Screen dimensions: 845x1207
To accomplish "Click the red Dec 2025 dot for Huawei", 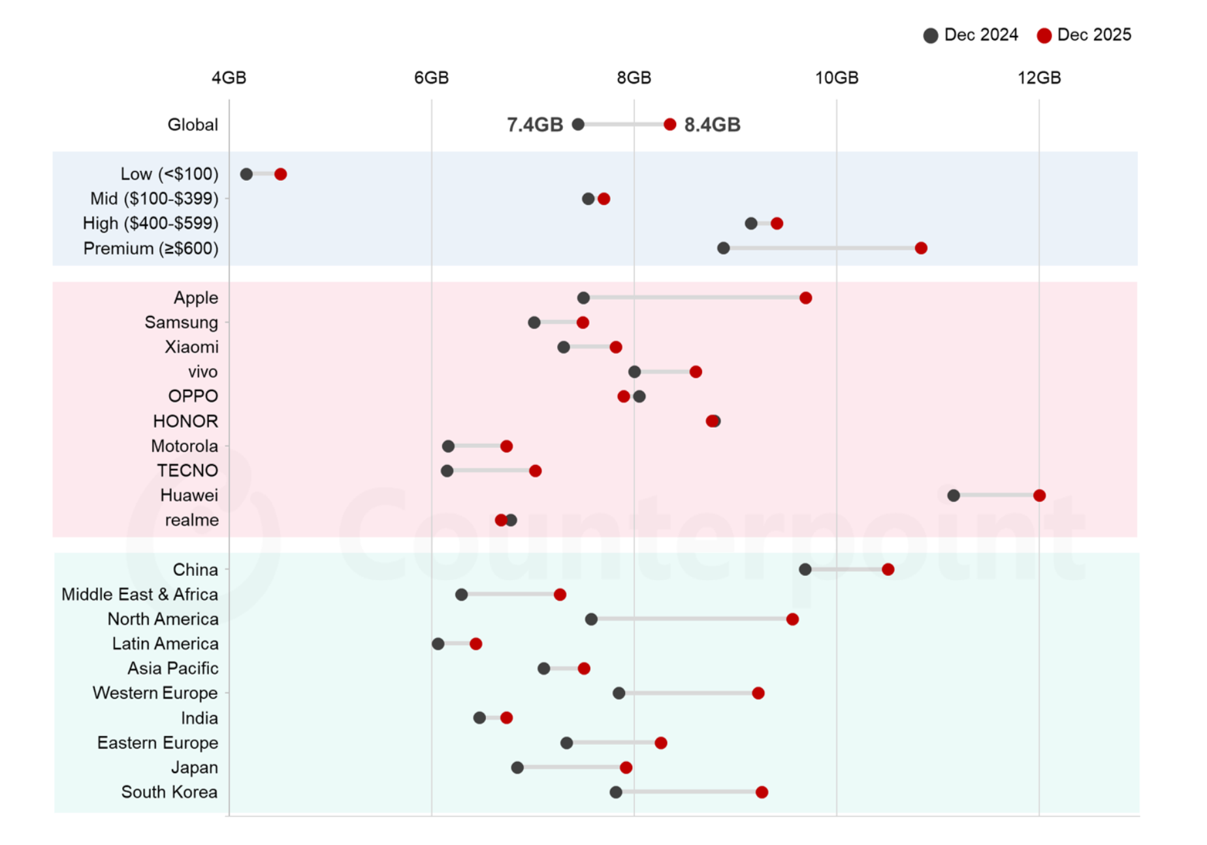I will click(x=1039, y=496).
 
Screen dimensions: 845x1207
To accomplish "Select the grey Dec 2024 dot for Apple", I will click(x=583, y=298).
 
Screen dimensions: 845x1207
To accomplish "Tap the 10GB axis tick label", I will click(x=836, y=78).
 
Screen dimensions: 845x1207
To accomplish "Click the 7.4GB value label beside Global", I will click(x=534, y=125).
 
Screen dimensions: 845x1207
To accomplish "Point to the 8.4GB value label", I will click(x=712, y=125).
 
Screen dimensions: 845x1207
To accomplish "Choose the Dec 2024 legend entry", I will click(x=971, y=35).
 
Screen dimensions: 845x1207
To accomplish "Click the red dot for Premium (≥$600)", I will click(x=921, y=248).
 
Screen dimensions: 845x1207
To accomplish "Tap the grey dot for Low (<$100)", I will click(x=246, y=174).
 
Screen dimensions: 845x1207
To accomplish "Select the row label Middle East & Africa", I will click(x=140, y=595).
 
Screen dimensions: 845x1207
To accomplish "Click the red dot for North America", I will click(x=792, y=619).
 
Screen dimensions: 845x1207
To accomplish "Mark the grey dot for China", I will click(x=805, y=569).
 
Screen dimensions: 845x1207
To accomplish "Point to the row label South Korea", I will click(x=169, y=792).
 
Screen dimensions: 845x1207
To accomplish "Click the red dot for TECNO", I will click(x=535, y=471).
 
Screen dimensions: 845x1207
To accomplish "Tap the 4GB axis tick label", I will click(x=229, y=78).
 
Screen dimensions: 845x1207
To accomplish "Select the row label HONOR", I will click(x=185, y=421).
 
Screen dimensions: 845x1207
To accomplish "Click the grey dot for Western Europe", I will click(x=619, y=693).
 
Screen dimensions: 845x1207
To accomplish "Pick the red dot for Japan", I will click(x=626, y=767).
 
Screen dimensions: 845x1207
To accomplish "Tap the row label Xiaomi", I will click(x=191, y=347).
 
